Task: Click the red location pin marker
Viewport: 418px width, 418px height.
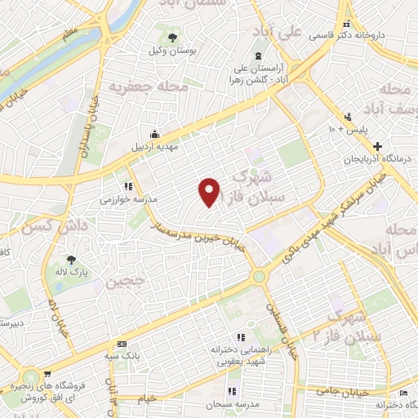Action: pyautogui.click(x=210, y=191)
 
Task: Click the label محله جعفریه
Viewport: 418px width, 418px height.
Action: pyautogui.click(x=149, y=86)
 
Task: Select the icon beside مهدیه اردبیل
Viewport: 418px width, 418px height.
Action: pyautogui.click(x=155, y=134)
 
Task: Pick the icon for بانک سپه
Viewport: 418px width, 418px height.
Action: pyautogui.click(x=122, y=344)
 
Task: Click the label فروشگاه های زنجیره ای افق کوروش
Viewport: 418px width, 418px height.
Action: pyautogui.click(x=49, y=389)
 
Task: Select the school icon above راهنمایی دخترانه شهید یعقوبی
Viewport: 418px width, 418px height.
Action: pyautogui.click(x=239, y=336)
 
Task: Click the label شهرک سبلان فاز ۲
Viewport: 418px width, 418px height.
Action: pyautogui.click(x=350, y=326)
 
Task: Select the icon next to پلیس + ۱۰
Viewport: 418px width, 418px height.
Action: pyautogui.click(x=349, y=117)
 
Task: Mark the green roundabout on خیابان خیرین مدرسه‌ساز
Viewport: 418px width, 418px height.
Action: pyautogui.click(x=260, y=276)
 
